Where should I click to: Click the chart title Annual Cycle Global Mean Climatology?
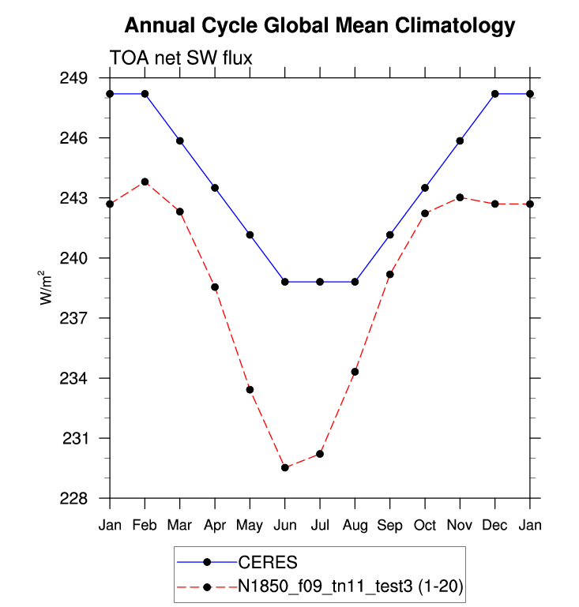[320, 26]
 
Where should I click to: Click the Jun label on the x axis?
[285, 525]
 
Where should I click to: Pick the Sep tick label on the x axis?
[390, 525]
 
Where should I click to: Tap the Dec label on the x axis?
[495, 525]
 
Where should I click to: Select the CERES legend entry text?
[268, 563]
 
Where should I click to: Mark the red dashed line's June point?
[285, 468]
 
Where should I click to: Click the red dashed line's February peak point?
[145, 182]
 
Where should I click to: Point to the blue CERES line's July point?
[320, 282]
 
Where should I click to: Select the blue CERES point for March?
[180, 141]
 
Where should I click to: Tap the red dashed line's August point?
[355, 372]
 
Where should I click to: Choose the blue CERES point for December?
[495, 94]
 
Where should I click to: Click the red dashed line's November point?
[461, 197]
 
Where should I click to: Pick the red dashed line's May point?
[250, 389]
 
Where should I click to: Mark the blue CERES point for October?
[425, 188]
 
